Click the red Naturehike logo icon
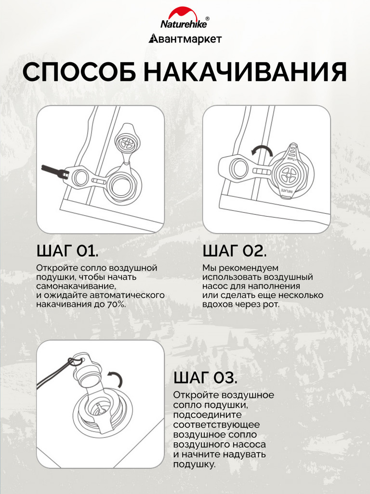pos(185,13)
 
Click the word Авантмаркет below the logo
pos(185,39)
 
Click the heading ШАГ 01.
pos(67,251)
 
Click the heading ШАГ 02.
pos(235,251)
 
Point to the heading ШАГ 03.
pos(205,378)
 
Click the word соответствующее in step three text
pos(216,425)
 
